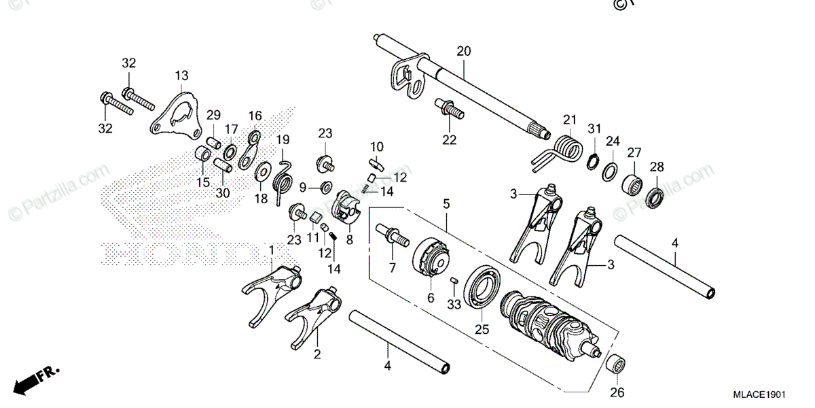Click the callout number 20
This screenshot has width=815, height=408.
(463, 51)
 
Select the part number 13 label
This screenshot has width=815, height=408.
(181, 75)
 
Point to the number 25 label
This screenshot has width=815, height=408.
(482, 330)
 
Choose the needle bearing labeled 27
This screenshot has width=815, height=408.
(632, 185)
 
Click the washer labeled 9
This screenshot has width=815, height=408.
(325, 186)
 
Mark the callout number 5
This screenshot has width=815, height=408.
(446, 203)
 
